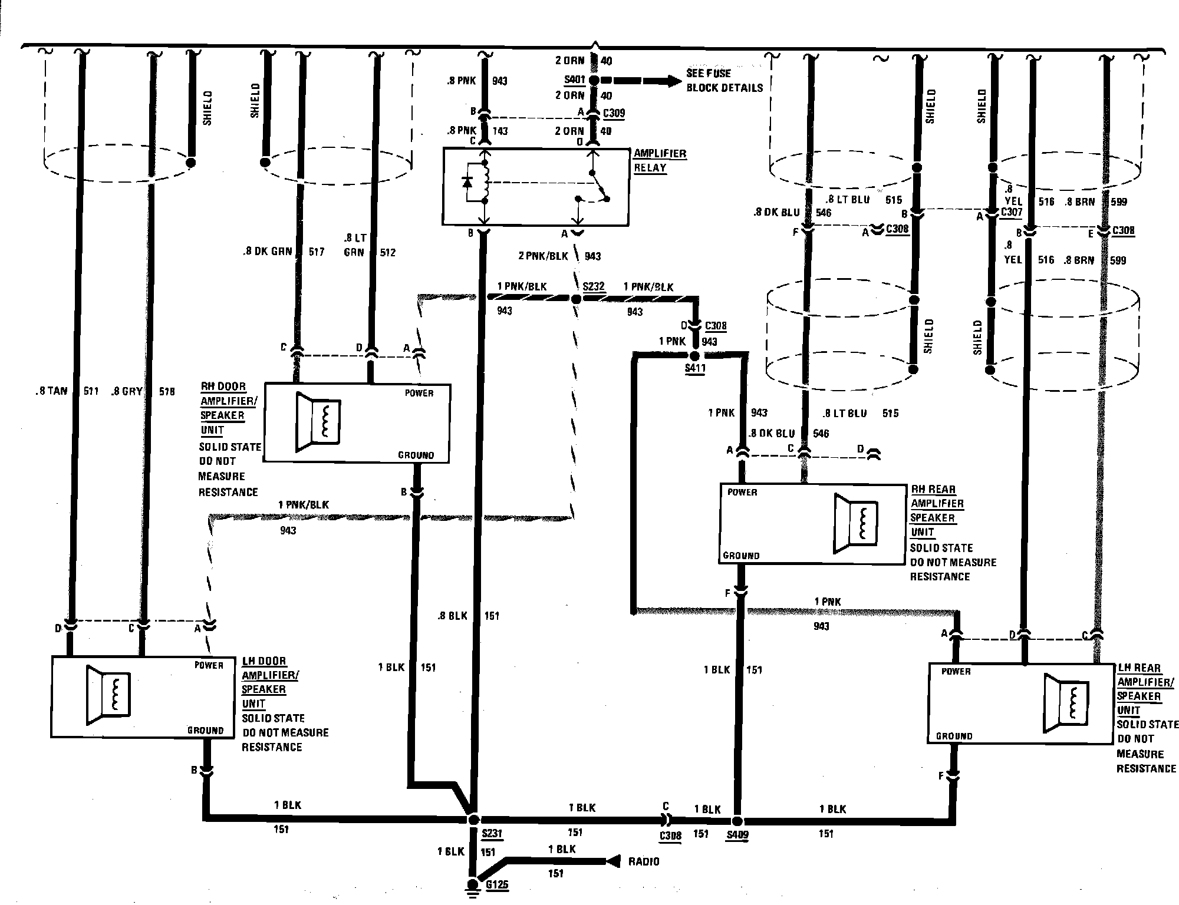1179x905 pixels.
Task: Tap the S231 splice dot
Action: coord(473,819)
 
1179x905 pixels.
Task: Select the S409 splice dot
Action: coord(737,821)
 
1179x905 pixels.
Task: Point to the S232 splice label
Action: coord(593,287)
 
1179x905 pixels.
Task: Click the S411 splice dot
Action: coord(694,356)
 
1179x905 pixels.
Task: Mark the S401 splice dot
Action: coord(594,80)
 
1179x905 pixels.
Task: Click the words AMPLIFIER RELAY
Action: coord(659,161)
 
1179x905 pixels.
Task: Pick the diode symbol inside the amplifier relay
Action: coord(468,183)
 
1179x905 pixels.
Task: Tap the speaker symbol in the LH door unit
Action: coord(108,695)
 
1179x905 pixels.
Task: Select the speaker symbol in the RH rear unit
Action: coord(856,523)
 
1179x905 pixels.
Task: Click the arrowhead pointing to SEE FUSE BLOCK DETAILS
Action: coord(672,81)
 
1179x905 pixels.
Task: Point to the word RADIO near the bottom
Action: coord(644,861)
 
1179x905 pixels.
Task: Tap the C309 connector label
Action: coord(614,113)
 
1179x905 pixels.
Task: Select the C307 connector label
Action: coord(1012,212)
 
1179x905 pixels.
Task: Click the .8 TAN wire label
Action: coord(51,391)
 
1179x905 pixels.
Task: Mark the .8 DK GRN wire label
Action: coord(268,252)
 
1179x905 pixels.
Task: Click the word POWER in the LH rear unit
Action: coord(956,671)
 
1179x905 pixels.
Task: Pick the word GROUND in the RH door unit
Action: coord(416,455)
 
